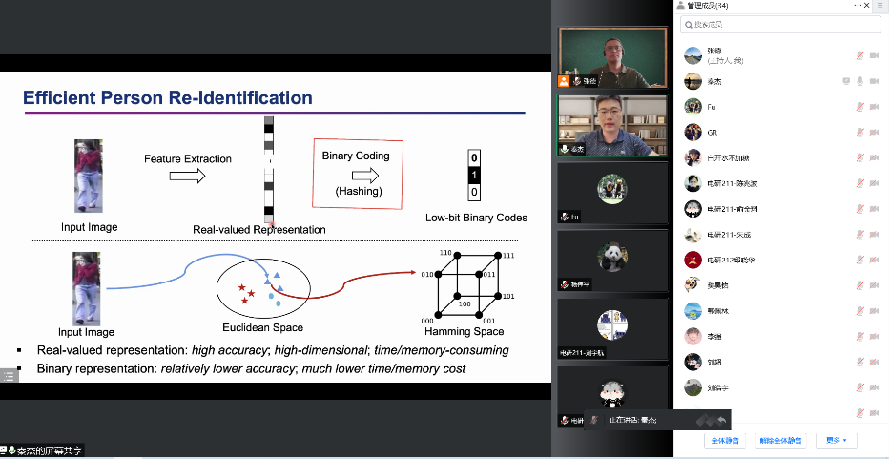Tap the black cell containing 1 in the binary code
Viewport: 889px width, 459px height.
[x=474, y=176]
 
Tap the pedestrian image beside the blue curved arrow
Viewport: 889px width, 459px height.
[x=87, y=288]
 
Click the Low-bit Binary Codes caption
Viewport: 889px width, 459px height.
[x=476, y=218]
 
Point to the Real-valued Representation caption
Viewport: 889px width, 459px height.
[x=258, y=229]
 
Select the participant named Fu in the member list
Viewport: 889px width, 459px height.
[x=712, y=106]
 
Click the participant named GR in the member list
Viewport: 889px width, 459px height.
[x=712, y=132]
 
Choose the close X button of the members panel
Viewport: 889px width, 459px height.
[x=879, y=5]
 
